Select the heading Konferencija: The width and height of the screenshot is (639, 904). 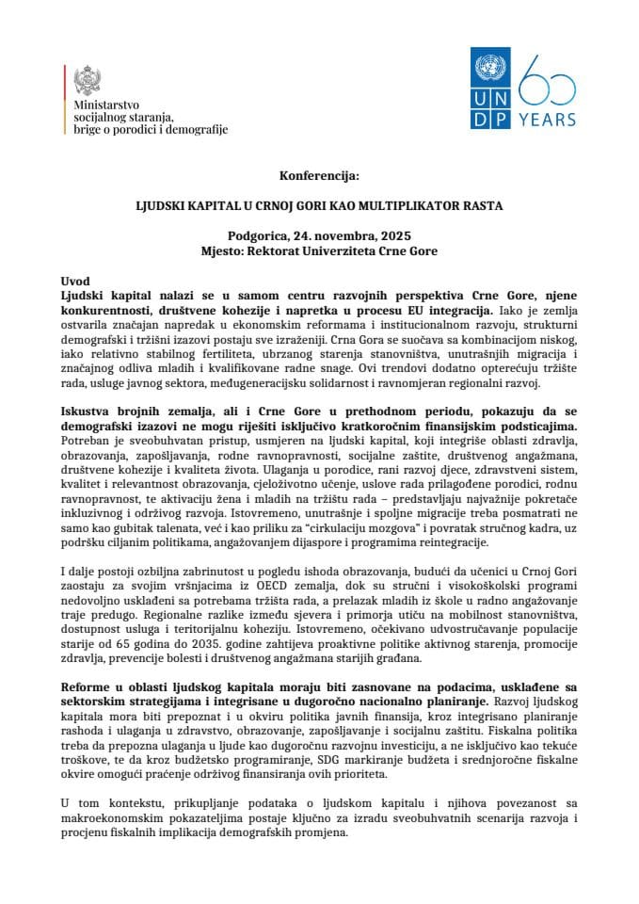(319, 175)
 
